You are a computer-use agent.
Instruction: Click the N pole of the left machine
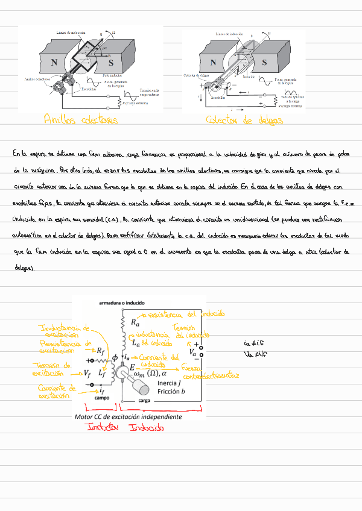pyautogui.click(x=55, y=62)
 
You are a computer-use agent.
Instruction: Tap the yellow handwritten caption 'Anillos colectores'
pyautogui.click(x=80, y=120)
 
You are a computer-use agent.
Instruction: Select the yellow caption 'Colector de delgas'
pyautogui.click(x=244, y=120)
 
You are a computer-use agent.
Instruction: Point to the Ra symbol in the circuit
pyautogui.click(x=135, y=322)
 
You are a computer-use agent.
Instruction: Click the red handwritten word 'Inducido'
pyautogui.click(x=147, y=428)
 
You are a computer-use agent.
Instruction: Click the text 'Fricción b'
pyautogui.click(x=171, y=391)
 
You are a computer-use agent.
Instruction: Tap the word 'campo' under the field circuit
pyautogui.click(x=102, y=398)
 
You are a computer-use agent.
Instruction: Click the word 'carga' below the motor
pyautogui.click(x=144, y=400)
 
